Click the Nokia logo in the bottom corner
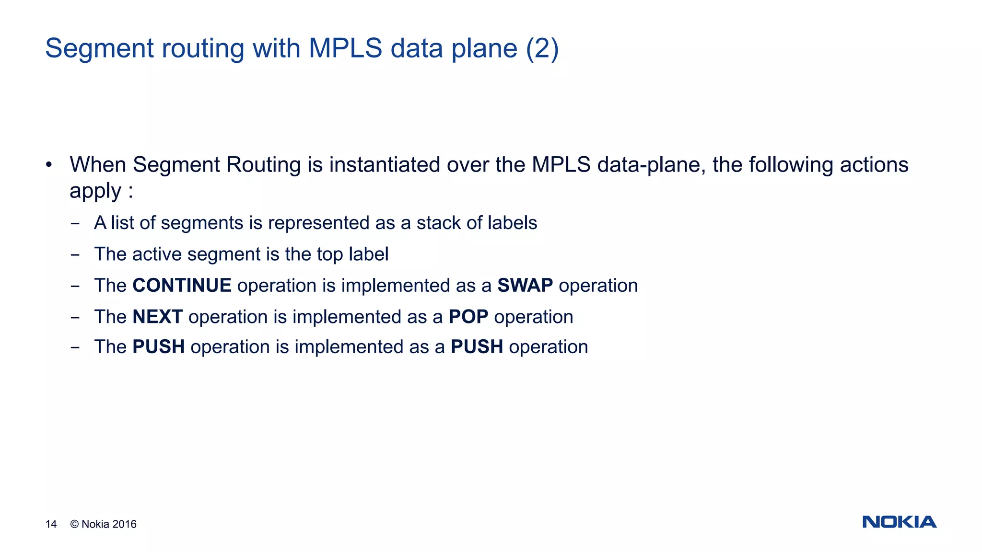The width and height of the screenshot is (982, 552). pyautogui.click(x=899, y=522)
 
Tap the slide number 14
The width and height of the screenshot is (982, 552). pyautogui.click(x=51, y=524)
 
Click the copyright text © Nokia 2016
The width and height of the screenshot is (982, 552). pyautogui.click(x=104, y=524)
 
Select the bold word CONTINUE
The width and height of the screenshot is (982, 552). pyautogui.click(x=182, y=286)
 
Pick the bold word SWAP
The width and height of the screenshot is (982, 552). pyautogui.click(x=525, y=286)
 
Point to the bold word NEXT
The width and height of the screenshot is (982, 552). pyautogui.click(x=157, y=317)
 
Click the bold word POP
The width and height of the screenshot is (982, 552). pyautogui.click(x=468, y=317)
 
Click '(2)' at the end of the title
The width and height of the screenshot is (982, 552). pyautogui.click(x=542, y=48)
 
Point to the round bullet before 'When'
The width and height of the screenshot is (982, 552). pyautogui.click(x=48, y=165)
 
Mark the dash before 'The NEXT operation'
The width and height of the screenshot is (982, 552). pyautogui.click(x=75, y=318)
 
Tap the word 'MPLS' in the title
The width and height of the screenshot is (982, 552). pyautogui.click(x=345, y=48)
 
